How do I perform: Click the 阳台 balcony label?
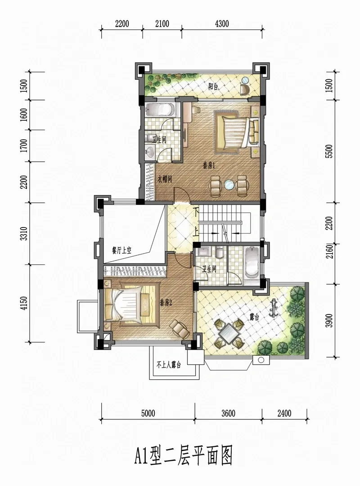pos(213,87)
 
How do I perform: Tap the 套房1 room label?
pos(209,166)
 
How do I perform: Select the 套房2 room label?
pos(166,303)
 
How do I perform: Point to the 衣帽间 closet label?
pos(165,179)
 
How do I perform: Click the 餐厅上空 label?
pos(121,250)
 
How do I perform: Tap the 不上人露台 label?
pos(169,365)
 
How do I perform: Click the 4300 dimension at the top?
pos(222,24)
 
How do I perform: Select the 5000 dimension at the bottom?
pos(148,413)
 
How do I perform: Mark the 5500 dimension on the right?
pos(330,151)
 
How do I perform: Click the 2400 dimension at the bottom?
pos(284,413)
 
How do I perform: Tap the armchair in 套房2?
pos(180,329)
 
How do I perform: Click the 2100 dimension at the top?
pos(162,24)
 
